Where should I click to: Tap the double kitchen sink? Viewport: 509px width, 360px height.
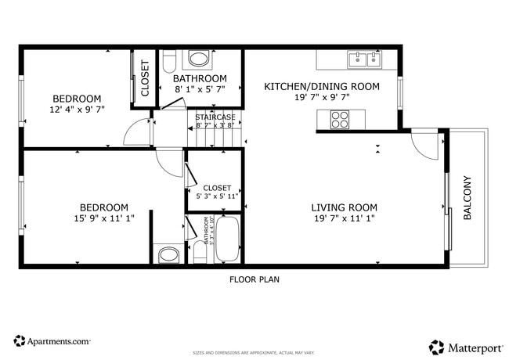point(363,59)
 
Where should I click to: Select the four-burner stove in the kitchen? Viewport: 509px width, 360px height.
point(340,119)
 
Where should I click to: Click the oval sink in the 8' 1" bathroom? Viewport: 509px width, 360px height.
point(200,59)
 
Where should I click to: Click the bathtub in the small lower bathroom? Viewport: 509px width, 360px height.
point(228,239)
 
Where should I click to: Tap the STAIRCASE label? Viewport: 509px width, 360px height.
point(215,117)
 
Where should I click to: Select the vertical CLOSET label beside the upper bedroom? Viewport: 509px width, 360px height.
point(145,79)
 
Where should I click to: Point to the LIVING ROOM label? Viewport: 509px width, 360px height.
point(344,207)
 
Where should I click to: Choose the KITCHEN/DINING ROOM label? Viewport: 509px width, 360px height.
point(322,86)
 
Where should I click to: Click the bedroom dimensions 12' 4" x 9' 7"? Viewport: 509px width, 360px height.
point(77,110)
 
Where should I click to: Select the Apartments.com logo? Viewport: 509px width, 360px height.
point(52,341)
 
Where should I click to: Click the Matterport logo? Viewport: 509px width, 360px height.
point(464,346)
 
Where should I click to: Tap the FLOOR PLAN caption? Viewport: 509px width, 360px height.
point(254,279)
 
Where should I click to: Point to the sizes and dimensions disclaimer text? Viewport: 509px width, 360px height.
point(254,353)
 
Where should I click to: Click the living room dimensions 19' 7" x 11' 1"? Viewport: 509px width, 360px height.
point(344,218)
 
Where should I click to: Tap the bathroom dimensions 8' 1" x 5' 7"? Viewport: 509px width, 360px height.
point(200,90)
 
